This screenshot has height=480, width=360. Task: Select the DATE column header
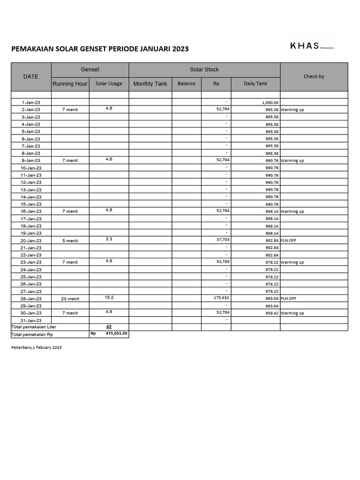[31, 76]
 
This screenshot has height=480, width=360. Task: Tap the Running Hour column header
[70, 84]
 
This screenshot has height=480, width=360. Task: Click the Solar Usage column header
[109, 84]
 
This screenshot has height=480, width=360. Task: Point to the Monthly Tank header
[150, 84]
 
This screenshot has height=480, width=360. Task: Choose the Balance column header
[186, 83]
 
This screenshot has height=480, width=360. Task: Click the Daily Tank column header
[255, 83]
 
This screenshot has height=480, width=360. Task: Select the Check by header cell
[314, 76]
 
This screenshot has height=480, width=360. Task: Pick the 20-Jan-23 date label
[31, 240]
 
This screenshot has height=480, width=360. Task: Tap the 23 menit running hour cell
[70, 299]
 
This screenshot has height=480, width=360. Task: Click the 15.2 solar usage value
[109, 297]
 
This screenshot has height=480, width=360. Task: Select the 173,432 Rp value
[221, 297]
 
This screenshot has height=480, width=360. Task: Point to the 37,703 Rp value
[223, 239]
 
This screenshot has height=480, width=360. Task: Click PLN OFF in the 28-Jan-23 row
[288, 299]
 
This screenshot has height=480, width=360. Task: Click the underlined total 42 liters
[109, 326]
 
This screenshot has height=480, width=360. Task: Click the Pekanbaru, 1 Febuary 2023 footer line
[37, 348]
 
